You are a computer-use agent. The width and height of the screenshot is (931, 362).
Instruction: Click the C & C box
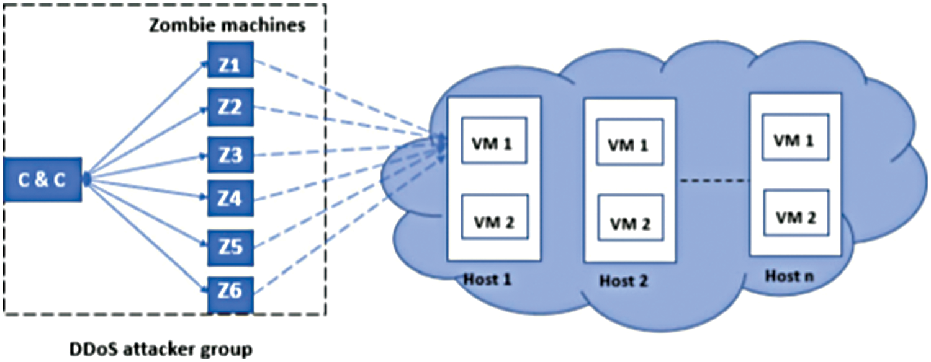coord(42,180)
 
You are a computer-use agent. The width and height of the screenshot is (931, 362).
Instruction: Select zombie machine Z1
coord(230,60)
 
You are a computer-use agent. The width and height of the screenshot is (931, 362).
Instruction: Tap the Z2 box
coord(230,107)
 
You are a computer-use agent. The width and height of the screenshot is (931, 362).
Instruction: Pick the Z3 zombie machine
coord(230,154)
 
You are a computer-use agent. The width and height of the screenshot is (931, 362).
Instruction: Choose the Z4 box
coord(230,198)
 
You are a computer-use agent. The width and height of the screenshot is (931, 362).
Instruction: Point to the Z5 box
coord(230,247)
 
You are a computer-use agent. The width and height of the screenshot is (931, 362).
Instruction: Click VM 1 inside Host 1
coord(494,140)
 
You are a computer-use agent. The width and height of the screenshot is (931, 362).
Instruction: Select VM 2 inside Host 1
coord(495,217)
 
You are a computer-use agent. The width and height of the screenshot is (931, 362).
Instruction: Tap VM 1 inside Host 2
coord(630,142)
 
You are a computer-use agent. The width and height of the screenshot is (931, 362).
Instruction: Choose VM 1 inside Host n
coord(795,137)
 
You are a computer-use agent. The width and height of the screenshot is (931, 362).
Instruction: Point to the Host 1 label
coord(487,279)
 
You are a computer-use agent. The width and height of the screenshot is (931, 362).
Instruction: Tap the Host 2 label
coord(623,281)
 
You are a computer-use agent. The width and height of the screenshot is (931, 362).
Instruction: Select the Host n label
coord(789,276)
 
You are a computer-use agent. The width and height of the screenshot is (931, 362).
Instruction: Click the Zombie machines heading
coord(227,25)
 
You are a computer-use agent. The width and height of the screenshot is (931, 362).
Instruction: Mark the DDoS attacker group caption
coord(161,350)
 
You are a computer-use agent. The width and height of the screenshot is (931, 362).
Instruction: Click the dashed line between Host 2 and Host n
coord(713,180)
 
